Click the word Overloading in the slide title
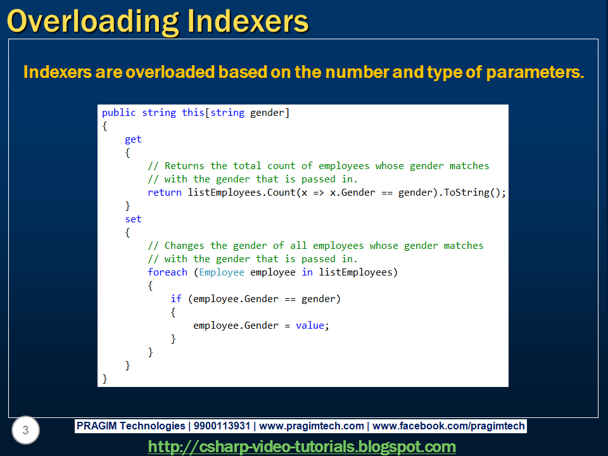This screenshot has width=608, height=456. (92, 21)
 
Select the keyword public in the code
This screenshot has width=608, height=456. (119, 113)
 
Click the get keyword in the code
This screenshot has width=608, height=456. (133, 139)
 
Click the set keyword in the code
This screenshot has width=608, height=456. (133, 219)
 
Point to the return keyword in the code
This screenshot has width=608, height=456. (165, 193)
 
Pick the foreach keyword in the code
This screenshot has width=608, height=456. (168, 272)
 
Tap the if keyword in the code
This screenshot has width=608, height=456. (176, 299)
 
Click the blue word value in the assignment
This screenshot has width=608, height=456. (310, 326)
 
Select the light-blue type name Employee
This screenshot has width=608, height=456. (222, 272)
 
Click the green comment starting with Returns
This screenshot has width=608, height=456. (319, 166)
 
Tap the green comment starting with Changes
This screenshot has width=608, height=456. (315, 246)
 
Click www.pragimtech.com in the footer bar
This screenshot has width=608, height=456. (312, 426)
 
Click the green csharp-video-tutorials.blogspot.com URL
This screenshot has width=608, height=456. (302, 446)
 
